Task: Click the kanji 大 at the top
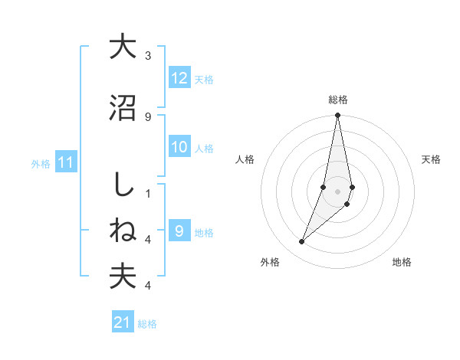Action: pyautogui.click(x=122, y=47)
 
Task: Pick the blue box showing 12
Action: pyautogui.click(x=179, y=77)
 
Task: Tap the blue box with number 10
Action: pyautogui.click(x=179, y=147)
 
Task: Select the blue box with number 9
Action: pyautogui.click(x=179, y=231)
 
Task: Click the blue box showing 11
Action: pyautogui.click(x=66, y=162)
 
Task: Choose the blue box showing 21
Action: pyautogui.click(x=123, y=322)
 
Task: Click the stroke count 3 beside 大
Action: pyautogui.click(x=148, y=56)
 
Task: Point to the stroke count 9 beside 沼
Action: pyautogui.click(x=148, y=116)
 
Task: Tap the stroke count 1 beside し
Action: pyautogui.click(x=148, y=194)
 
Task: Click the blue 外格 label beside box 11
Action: pyautogui.click(x=41, y=163)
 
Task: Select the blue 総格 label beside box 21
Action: pyautogui.click(x=147, y=324)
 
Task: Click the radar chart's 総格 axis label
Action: pyautogui.click(x=338, y=100)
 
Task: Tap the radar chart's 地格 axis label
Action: pyautogui.click(x=402, y=262)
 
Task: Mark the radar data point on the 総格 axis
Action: pyautogui.click(x=338, y=116)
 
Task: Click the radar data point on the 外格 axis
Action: pyautogui.click(x=302, y=242)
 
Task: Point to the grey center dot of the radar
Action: pyautogui.click(x=338, y=191)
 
